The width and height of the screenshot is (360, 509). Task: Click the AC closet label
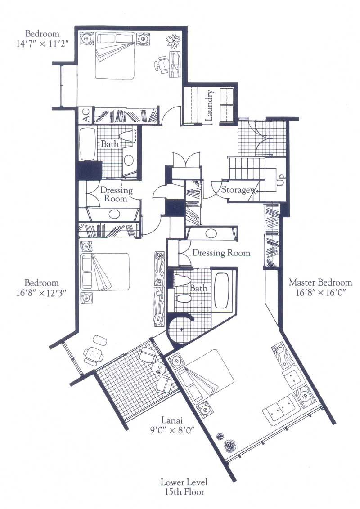[x=86, y=115]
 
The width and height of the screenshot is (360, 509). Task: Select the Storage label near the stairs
[x=235, y=190]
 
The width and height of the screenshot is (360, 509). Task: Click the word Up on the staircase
[x=281, y=179]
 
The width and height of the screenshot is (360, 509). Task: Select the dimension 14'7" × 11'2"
[x=43, y=44]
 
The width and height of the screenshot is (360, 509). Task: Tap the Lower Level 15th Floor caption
[x=184, y=487]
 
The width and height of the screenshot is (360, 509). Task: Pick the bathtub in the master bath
[x=222, y=290]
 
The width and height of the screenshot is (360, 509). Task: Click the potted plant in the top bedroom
[x=173, y=41]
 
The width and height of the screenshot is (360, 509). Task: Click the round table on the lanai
[x=159, y=368]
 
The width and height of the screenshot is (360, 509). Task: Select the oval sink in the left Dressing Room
[x=114, y=214]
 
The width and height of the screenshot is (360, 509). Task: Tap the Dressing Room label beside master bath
[x=221, y=253]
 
